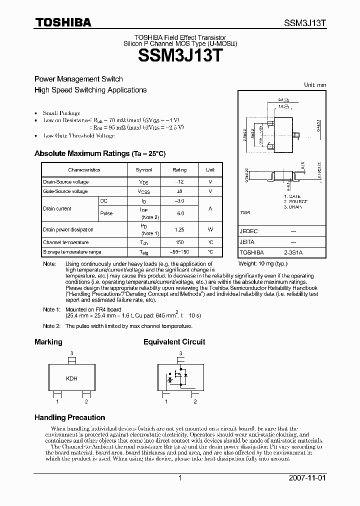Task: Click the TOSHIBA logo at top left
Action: click(x=62, y=22)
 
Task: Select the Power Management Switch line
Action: click(x=78, y=79)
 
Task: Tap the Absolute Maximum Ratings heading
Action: click(x=99, y=154)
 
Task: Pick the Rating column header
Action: click(x=180, y=170)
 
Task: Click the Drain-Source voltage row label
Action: click(x=65, y=182)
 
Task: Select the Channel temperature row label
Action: click(x=65, y=242)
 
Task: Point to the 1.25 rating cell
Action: click(x=180, y=229)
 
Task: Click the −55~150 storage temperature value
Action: click(x=180, y=252)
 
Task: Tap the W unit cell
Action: click(x=210, y=229)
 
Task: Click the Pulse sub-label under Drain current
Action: click(x=106, y=213)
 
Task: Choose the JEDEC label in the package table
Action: click(x=248, y=231)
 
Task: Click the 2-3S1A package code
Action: click(x=293, y=252)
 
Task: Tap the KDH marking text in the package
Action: click(x=71, y=378)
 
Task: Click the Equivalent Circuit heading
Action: click(x=174, y=342)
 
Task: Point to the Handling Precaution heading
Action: click(x=69, y=417)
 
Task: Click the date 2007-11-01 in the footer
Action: click(x=306, y=478)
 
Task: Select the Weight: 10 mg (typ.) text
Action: click(x=263, y=263)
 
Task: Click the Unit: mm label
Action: click(x=315, y=85)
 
